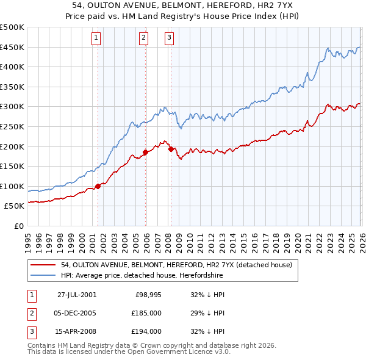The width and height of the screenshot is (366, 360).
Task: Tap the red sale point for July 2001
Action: click(x=98, y=187)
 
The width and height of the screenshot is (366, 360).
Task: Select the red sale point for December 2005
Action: click(x=145, y=152)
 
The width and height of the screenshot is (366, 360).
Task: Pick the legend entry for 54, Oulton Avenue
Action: click(x=177, y=265)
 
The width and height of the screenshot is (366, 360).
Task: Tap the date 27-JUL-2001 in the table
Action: click(x=77, y=295)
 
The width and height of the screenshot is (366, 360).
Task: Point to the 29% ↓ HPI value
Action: click(x=207, y=313)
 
